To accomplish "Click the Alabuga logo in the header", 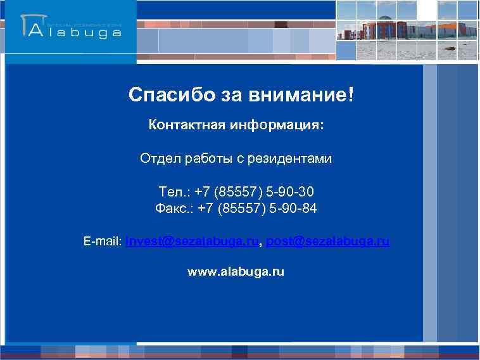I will [70, 28].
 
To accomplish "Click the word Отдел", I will [160, 158].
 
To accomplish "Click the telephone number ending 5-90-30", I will [254, 191].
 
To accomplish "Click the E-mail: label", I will [102, 241].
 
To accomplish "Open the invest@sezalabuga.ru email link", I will [193, 241].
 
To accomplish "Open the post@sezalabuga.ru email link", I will [328, 241].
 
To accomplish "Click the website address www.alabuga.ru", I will [236, 272].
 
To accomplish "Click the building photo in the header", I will [407, 30].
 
